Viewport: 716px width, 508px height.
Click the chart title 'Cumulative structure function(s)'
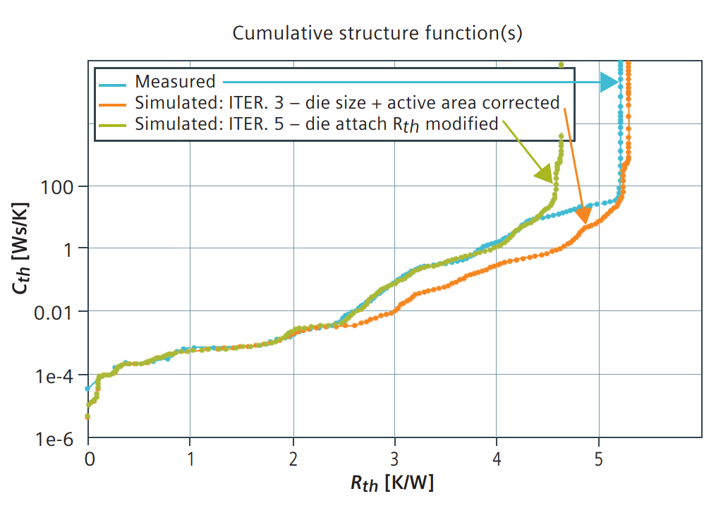377,33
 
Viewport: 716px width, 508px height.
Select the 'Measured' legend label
175,82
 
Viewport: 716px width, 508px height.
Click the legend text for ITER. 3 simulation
347,103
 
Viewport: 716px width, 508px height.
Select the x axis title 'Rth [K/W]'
392,483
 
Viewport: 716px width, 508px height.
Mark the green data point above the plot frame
561,64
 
